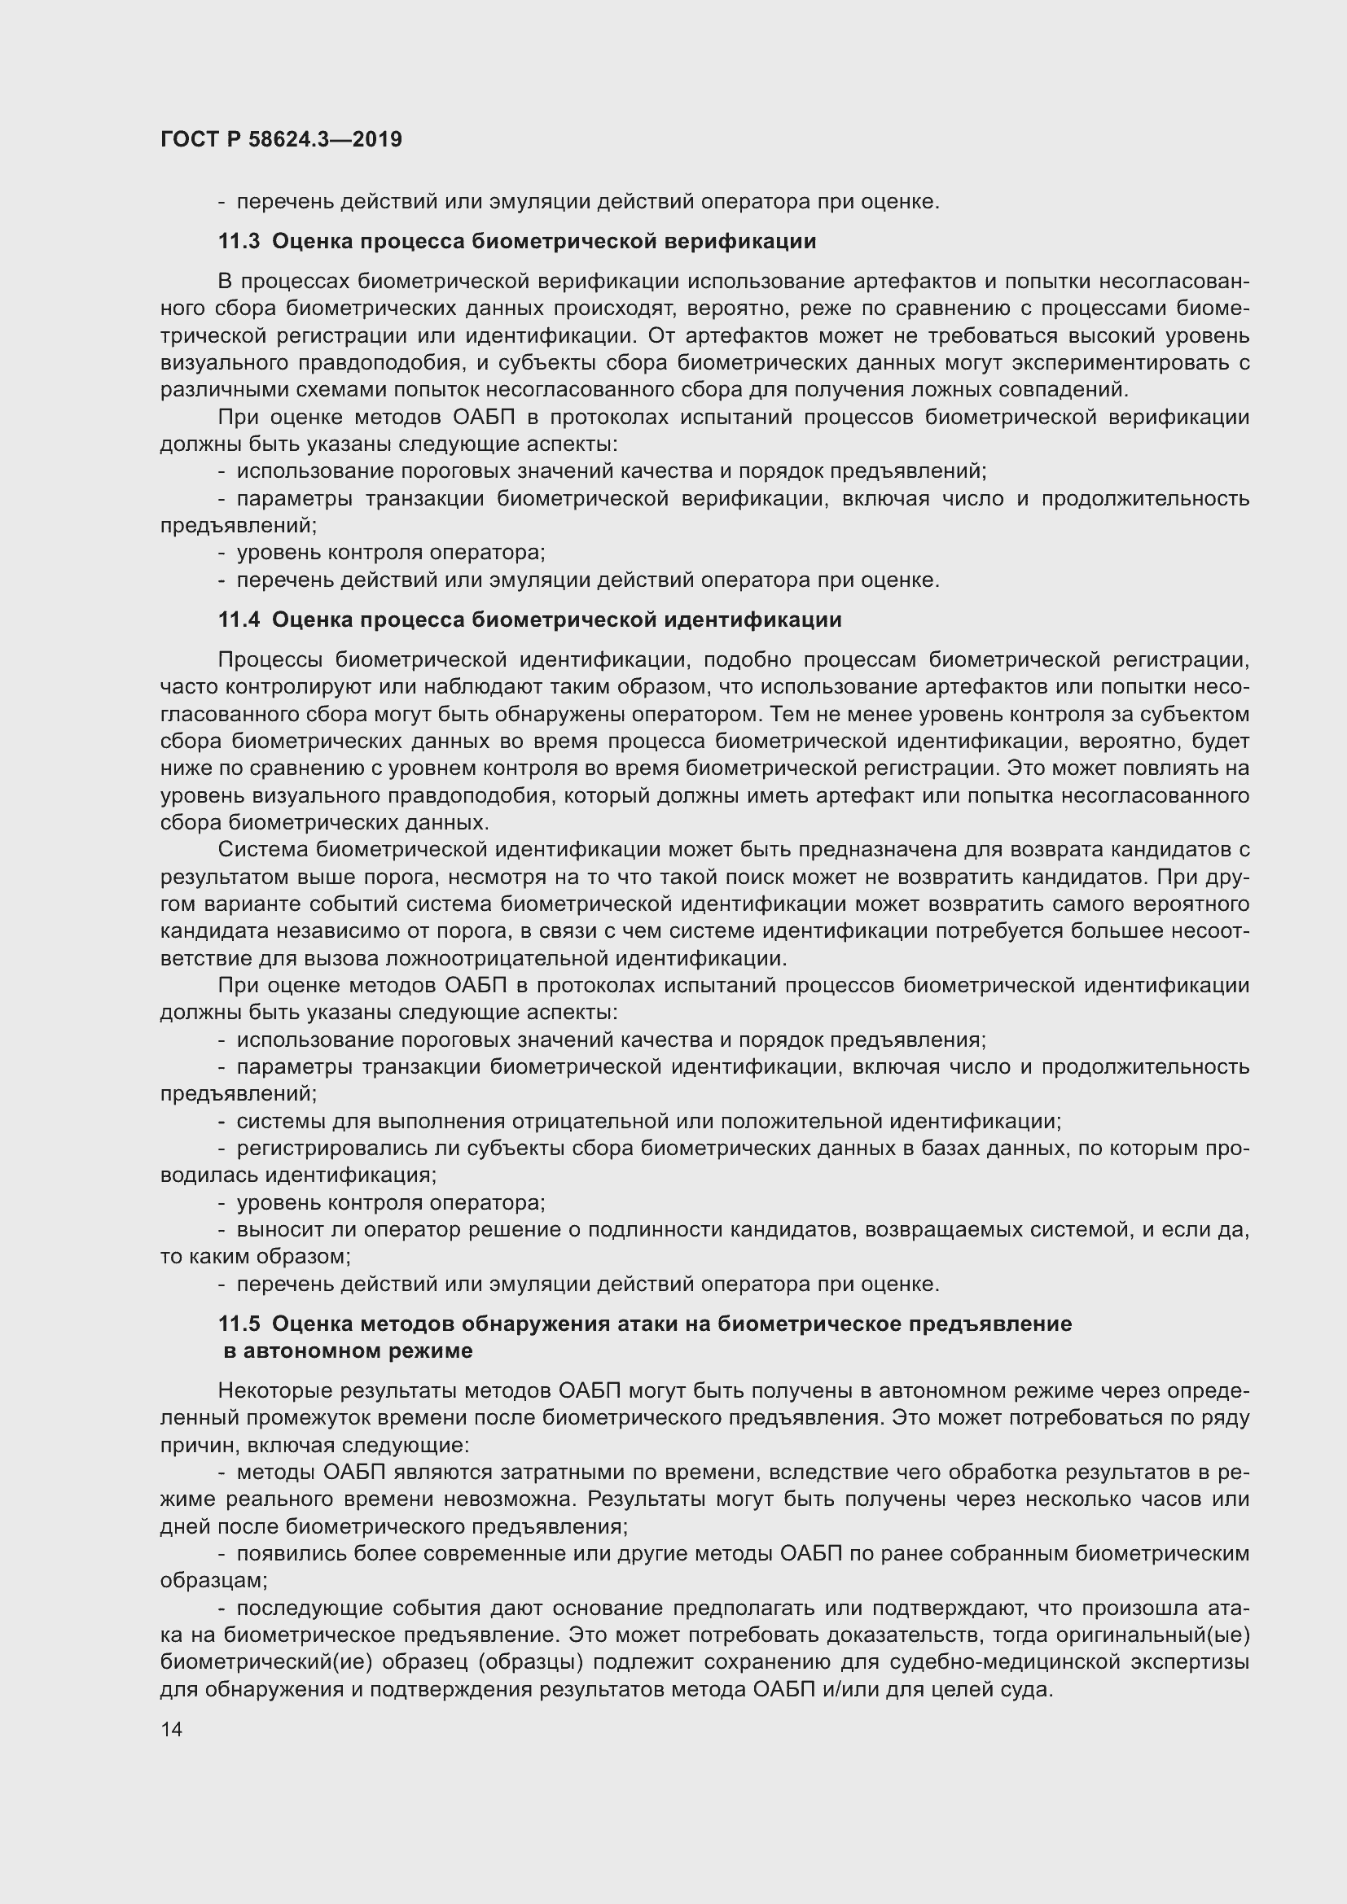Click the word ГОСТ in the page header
click(x=188, y=139)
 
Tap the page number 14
click(x=172, y=1729)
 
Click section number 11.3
click(x=239, y=241)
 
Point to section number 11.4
click(x=239, y=619)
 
